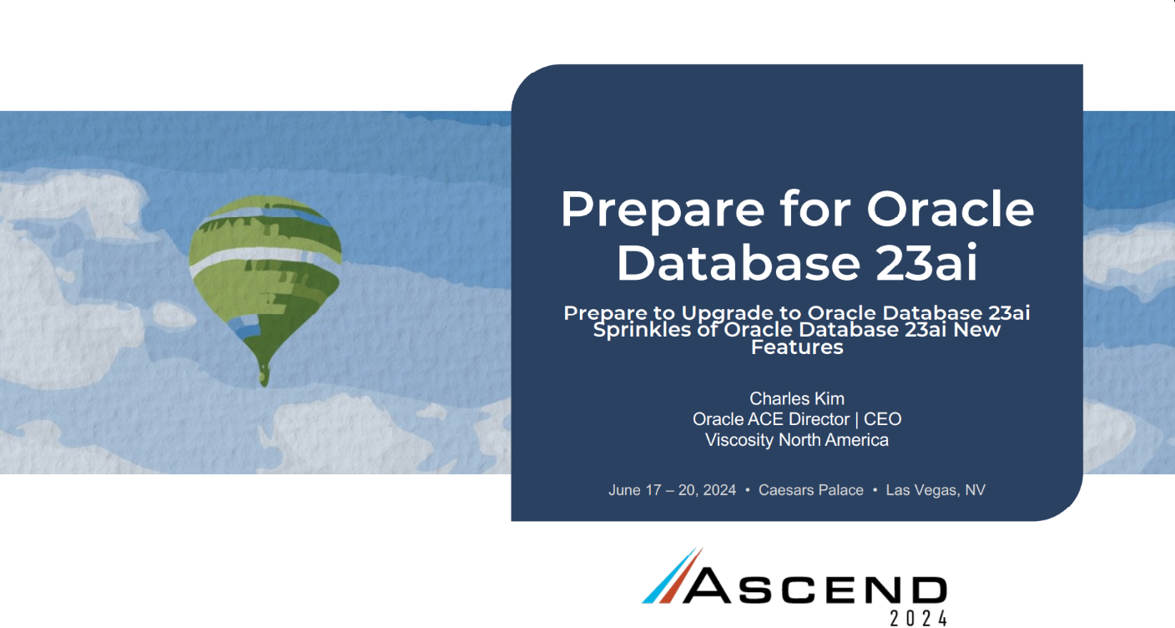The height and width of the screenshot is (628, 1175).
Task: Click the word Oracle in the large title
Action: (x=951, y=209)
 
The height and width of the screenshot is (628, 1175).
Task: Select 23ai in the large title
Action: (x=926, y=262)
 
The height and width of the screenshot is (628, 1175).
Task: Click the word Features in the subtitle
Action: (x=797, y=347)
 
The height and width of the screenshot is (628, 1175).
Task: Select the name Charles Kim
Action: (x=797, y=398)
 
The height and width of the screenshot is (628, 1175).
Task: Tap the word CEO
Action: (x=883, y=419)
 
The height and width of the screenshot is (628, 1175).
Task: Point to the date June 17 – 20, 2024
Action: (x=672, y=490)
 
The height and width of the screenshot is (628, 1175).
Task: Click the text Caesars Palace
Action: (x=811, y=490)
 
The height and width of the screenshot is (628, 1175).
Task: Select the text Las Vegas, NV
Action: (x=935, y=490)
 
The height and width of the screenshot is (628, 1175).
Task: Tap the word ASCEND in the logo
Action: (x=814, y=585)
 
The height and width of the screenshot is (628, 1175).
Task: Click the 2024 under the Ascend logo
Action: (x=919, y=618)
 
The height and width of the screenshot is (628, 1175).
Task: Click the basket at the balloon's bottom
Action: (x=264, y=376)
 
